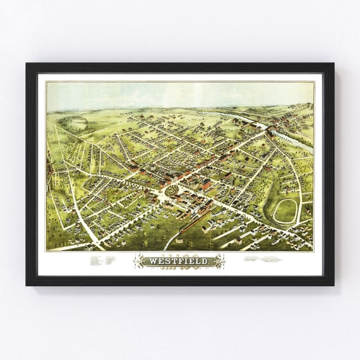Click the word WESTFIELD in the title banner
tap(179, 260)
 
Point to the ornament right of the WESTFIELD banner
tap(220, 260)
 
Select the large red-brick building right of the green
tap(207, 184)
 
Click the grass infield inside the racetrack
tap(285, 212)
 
